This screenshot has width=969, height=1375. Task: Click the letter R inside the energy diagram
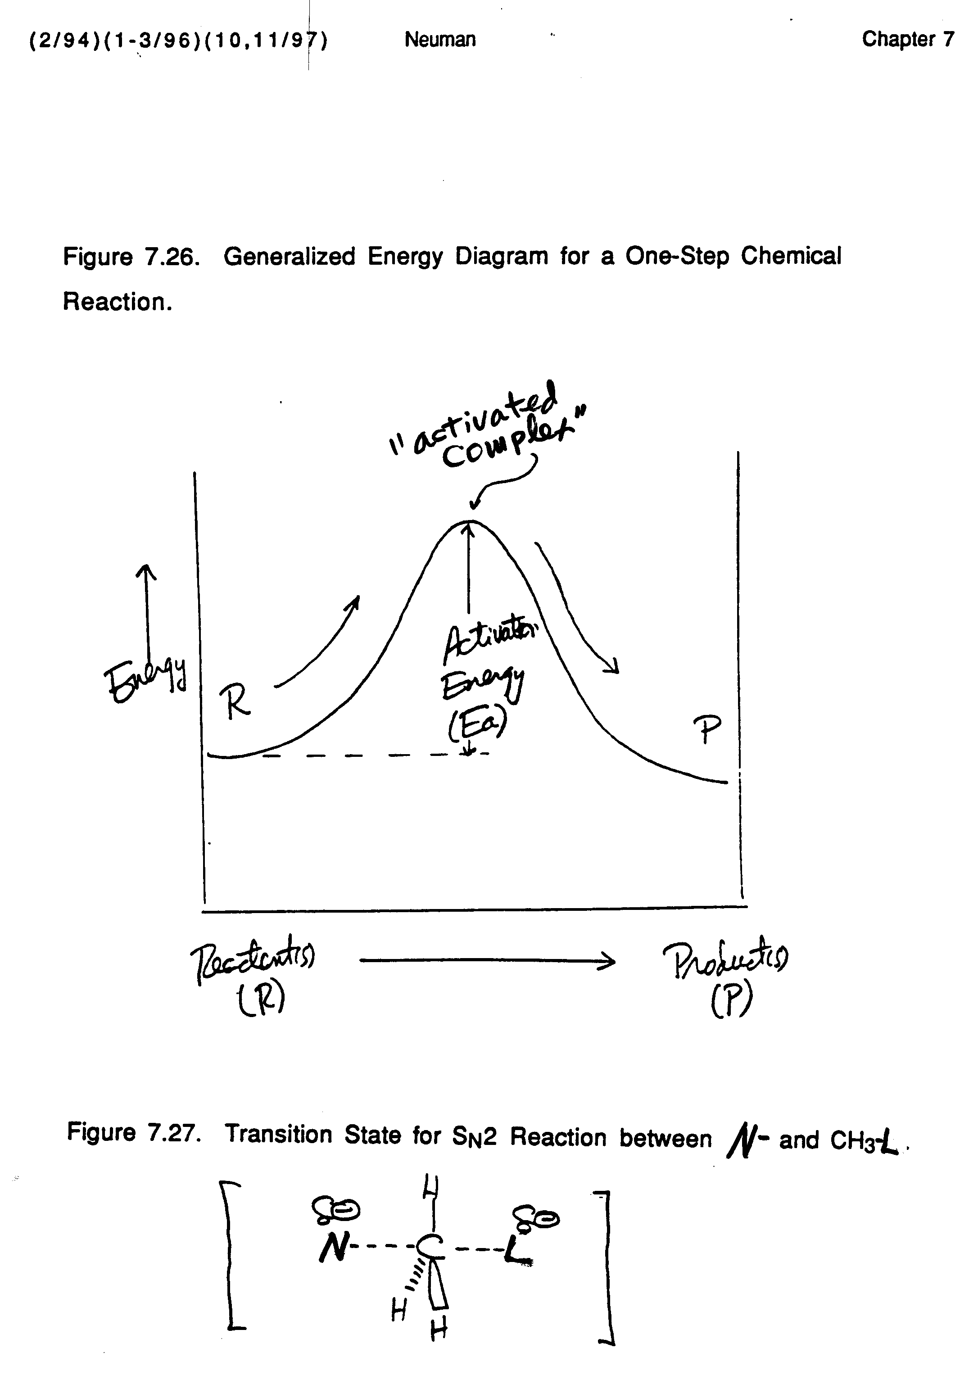tap(235, 702)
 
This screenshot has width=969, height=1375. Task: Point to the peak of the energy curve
tap(470, 522)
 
